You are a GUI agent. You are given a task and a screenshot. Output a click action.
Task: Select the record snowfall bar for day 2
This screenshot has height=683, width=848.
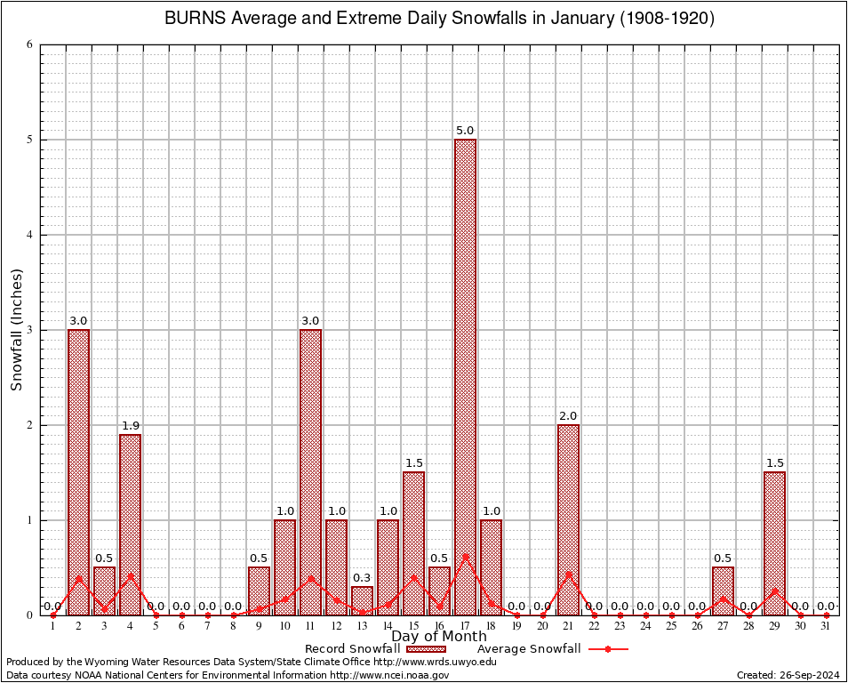coord(78,472)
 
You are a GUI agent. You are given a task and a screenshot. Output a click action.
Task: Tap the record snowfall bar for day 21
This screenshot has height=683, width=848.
coord(568,519)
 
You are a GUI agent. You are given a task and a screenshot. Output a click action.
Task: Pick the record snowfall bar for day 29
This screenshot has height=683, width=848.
coord(774,543)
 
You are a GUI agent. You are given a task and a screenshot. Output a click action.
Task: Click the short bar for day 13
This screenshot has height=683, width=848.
coord(362,600)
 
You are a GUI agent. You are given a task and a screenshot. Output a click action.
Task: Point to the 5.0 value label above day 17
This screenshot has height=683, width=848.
coord(465,131)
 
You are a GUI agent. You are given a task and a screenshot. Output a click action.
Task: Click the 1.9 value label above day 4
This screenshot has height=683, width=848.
coord(130,426)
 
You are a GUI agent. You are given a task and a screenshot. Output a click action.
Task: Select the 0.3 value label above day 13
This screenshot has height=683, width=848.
coord(362,578)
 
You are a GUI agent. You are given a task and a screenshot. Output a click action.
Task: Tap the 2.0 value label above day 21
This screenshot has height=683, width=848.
coord(568,416)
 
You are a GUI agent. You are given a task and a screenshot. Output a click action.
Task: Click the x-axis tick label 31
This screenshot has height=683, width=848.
coord(826,626)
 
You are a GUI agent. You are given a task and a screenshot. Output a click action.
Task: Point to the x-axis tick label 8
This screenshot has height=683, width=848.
coord(233,626)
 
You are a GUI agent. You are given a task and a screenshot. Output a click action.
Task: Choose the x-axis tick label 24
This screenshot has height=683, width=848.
coord(645,626)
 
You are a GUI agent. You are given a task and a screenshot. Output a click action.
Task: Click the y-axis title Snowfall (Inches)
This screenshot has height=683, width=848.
coord(16,330)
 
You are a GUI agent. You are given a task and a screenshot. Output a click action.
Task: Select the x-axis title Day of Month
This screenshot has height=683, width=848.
coord(438,637)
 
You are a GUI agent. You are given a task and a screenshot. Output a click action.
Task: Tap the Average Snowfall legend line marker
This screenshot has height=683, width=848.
coord(608,649)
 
